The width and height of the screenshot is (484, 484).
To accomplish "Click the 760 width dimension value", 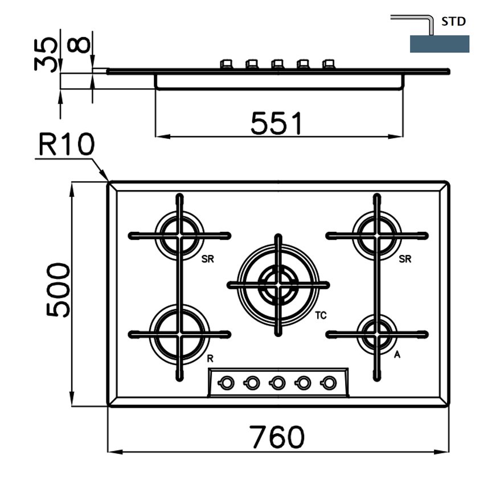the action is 277,437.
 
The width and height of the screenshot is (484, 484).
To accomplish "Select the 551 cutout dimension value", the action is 276,124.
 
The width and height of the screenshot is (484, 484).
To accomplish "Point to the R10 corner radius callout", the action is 67,144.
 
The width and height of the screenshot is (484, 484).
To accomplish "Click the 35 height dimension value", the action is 46,54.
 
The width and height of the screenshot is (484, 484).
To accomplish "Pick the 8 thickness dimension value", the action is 79,46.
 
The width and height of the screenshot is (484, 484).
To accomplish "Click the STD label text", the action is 453,22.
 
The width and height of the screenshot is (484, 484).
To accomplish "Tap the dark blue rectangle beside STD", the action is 440,44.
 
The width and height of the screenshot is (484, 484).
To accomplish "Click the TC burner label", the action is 321,315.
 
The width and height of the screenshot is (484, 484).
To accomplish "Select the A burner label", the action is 397,355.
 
